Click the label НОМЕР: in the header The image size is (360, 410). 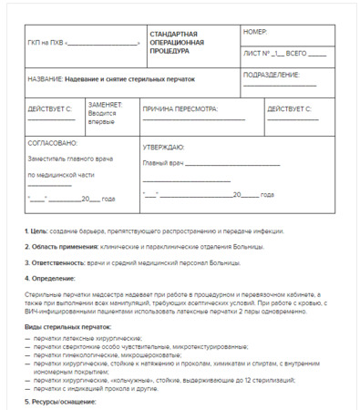pyautogui.click(x=255, y=32)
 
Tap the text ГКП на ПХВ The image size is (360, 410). pyautogui.click(x=46, y=42)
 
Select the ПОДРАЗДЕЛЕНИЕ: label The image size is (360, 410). pyautogui.click(x=272, y=74)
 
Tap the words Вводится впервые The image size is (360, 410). pyautogui.click(x=102, y=117)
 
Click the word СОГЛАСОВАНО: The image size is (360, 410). pyautogui.click(x=53, y=143)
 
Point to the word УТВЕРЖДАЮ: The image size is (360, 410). pyautogui.click(x=164, y=147)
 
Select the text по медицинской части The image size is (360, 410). pyautogui.click(x=60, y=174)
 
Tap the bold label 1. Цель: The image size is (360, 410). pyautogui.click(x=36, y=231)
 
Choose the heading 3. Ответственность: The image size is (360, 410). pyautogui.click(x=55, y=262)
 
